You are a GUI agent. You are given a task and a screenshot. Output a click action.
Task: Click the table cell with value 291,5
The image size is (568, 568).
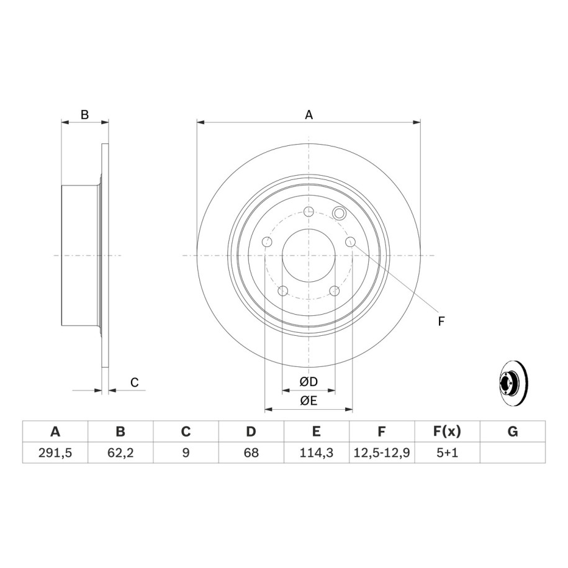[x=55, y=453]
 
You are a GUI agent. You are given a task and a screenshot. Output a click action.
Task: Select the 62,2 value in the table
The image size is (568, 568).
[x=120, y=453]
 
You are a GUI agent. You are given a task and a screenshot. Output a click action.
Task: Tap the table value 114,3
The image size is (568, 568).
[x=316, y=453]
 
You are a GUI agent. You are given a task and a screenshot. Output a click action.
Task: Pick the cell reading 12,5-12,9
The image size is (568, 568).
[x=381, y=453]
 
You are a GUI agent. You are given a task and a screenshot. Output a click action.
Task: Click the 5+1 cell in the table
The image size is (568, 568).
[x=447, y=453]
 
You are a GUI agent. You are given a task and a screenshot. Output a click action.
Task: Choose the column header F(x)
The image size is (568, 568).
[x=447, y=431]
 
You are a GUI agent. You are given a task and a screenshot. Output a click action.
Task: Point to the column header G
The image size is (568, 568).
[x=513, y=431]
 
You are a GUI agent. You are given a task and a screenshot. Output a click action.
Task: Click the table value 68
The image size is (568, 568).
[x=251, y=453]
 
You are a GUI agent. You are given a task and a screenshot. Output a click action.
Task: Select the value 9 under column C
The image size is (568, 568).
[x=186, y=453]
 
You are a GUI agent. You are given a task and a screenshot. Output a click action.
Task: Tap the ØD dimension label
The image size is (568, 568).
[x=309, y=381]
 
